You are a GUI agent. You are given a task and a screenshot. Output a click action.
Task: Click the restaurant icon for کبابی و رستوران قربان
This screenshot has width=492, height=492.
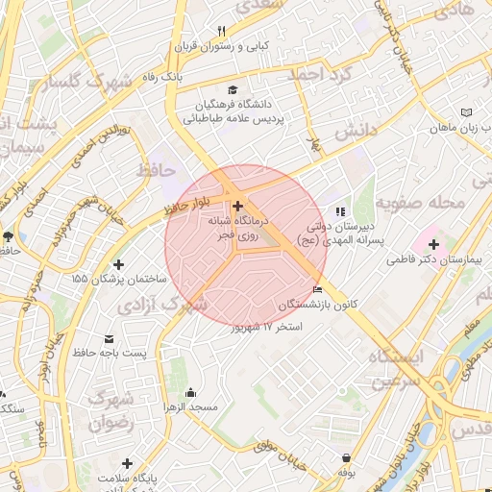222,31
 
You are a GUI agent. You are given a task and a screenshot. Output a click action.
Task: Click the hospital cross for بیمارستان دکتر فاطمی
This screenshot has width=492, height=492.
434,244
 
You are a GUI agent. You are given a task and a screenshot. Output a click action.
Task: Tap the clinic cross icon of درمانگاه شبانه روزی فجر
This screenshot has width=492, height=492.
237,206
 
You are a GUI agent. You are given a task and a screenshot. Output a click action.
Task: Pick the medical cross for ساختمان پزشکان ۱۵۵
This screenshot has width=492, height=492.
118,263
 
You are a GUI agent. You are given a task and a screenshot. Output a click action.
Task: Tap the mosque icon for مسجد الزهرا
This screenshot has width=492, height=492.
190,392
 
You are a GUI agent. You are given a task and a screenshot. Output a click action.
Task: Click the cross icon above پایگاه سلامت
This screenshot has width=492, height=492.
127,462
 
